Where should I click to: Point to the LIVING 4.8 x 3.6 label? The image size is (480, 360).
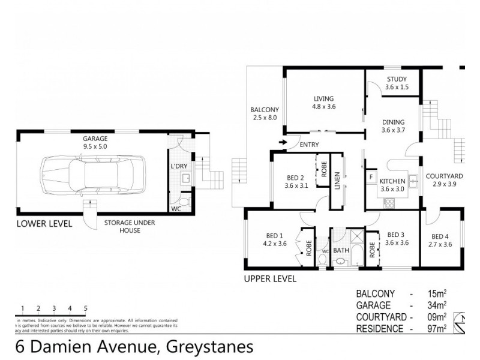point(323,103)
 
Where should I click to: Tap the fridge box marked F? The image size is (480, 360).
point(371,178)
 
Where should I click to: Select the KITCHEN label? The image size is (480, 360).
point(393,181)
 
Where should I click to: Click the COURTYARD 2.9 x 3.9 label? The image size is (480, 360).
point(444,179)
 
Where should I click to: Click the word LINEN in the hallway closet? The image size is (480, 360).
point(337,180)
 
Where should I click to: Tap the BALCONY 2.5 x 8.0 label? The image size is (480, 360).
point(265,113)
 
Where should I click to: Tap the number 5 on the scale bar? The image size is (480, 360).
point(86,308)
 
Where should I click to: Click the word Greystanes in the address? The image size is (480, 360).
point(207,347)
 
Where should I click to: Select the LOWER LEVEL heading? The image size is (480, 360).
point(44,224)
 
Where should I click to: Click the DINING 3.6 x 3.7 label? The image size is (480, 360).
point(394,125)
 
